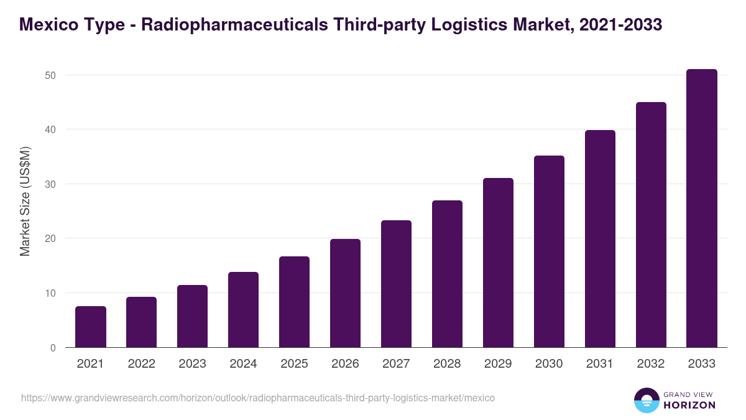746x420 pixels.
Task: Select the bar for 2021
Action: click(x=91, y=327)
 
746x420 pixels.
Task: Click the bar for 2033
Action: click(x=702, y=208)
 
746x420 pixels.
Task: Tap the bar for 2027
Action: click(x=396, y=284)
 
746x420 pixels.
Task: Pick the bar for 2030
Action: click(x=549, y=251)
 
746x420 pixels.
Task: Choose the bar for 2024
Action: click(x=243, y=310)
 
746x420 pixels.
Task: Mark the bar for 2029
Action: click(x=498, y=263)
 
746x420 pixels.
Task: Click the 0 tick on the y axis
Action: click(x=53, y=348)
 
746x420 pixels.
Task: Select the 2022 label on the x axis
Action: click(x=142, y=364)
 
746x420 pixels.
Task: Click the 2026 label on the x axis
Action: click(x=345, y=364)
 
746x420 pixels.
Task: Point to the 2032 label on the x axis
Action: click(x=651, y=364)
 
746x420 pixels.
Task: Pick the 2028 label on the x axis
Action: click(x=447, y=364)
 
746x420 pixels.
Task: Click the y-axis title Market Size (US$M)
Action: click(x=25, y=201)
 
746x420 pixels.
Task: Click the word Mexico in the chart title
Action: click(x=49, y=25)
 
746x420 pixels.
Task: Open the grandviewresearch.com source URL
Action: click(x=258, y=398)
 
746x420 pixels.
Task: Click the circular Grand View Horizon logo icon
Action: click(x=646, y=400)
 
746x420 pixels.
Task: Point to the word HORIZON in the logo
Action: click(x=689, y=405)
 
